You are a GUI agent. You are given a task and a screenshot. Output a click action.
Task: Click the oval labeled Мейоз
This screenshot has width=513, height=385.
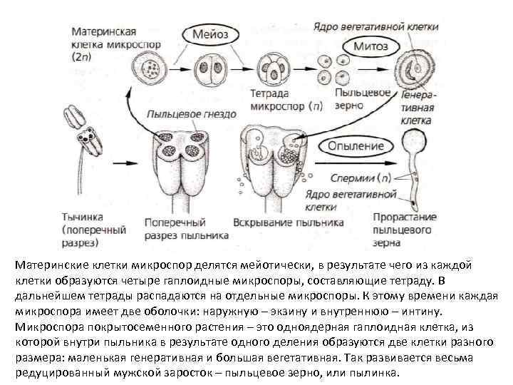click(x=219, y=34)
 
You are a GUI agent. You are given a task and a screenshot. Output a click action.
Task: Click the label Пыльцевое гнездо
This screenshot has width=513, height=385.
click(x=192, y=114)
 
